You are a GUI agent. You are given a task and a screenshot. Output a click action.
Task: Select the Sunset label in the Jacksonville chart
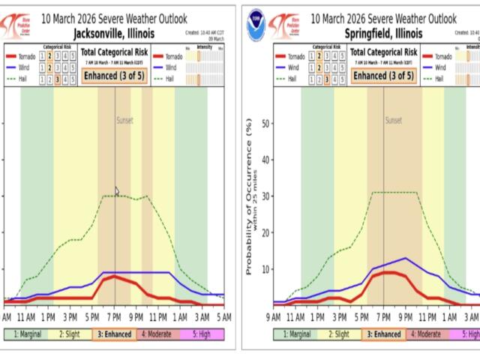click(x=124, y=120)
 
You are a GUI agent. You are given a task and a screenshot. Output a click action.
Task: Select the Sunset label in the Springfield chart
click(x=393, y=120)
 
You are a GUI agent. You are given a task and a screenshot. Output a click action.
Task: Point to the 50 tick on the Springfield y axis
click(x=265, y=124)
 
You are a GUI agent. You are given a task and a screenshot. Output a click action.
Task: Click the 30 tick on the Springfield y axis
click(x=265, y=196)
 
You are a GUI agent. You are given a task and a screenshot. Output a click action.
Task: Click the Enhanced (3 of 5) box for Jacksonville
click(x=110, y=76)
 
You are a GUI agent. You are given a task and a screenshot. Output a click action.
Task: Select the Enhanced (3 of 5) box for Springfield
click(x=380, y=76)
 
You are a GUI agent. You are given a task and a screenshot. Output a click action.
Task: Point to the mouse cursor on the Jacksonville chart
click(x=117, y=191)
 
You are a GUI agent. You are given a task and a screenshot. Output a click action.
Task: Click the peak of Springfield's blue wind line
click(x=406, y=258)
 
